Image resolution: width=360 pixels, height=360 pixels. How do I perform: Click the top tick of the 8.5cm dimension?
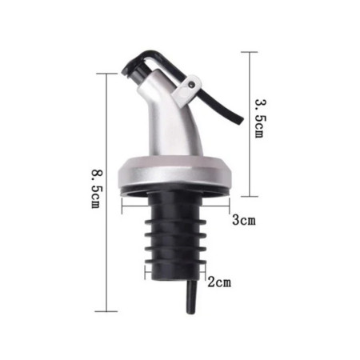(106, 74)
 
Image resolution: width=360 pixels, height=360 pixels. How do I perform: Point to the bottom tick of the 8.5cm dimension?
(106, 311)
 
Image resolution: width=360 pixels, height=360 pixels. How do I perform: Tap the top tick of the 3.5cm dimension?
(250, 53)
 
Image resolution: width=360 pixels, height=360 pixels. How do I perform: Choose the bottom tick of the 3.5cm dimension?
(250, 196)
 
